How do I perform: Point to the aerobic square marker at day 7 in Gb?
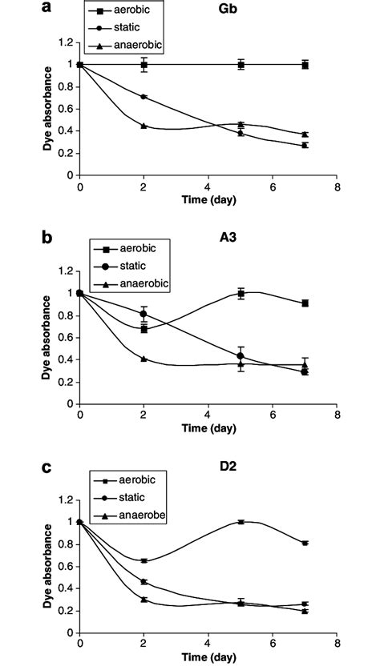coord(305,65)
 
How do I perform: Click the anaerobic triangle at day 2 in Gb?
coord(144,126)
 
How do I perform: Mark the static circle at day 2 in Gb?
coord(144,97)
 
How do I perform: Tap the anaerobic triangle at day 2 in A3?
coord(144,359)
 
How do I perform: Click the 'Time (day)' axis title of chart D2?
coord(207,661)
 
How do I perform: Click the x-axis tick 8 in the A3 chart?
coord(337,415)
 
